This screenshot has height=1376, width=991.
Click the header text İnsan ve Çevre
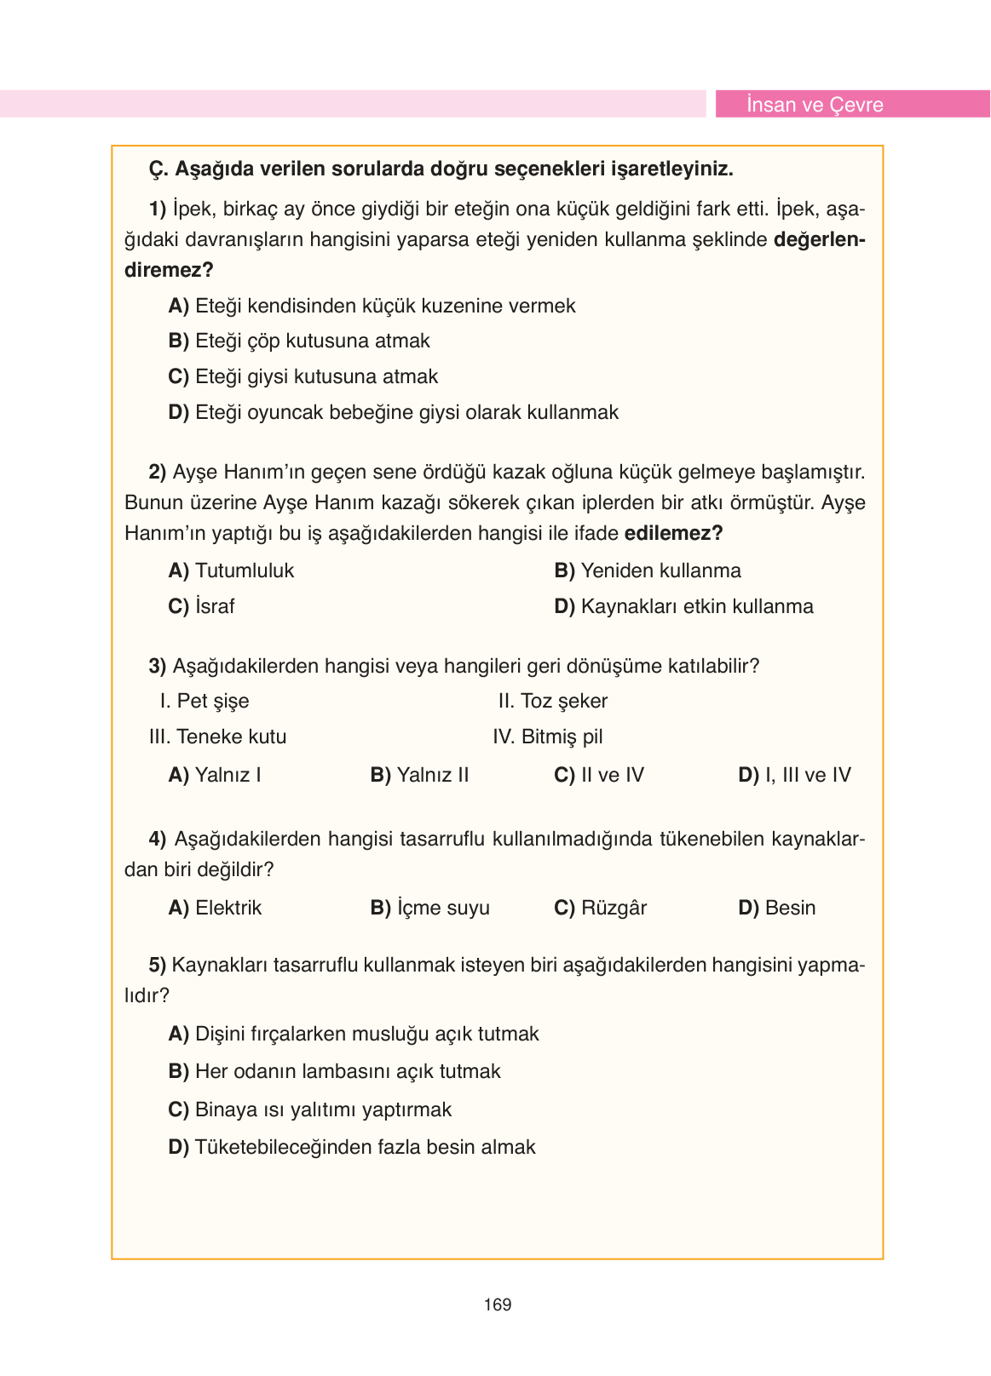coord(814,105)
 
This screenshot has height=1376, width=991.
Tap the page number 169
coord(497,1304)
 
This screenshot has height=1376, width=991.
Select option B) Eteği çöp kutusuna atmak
coord(299,341)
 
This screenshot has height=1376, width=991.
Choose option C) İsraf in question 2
coord(201,606)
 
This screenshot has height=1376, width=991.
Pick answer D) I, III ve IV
coord(794,775)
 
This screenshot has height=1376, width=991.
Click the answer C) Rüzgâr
coord(600,908)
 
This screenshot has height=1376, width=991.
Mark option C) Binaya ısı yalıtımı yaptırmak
coord(309,1109)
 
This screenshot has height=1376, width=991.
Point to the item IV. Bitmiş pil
coord(547,737)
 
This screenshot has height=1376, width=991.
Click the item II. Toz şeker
coord(552,701)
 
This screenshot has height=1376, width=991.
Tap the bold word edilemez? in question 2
coord(673,533)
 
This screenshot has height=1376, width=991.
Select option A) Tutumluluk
coord(231,570)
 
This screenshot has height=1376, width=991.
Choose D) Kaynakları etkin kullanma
coord(683,606)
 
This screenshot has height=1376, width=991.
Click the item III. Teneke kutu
coord(217,737)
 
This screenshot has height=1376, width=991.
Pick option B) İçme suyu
coord(429,908)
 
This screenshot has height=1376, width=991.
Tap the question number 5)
coord(158,965)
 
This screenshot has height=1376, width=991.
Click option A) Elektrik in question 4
coord(215,908)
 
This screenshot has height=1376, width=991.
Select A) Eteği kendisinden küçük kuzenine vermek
coord(372,306)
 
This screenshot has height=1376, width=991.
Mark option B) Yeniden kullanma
coord(648,570)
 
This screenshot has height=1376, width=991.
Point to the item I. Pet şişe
coord(205,701)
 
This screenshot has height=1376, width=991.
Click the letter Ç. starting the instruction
coord(158,169)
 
